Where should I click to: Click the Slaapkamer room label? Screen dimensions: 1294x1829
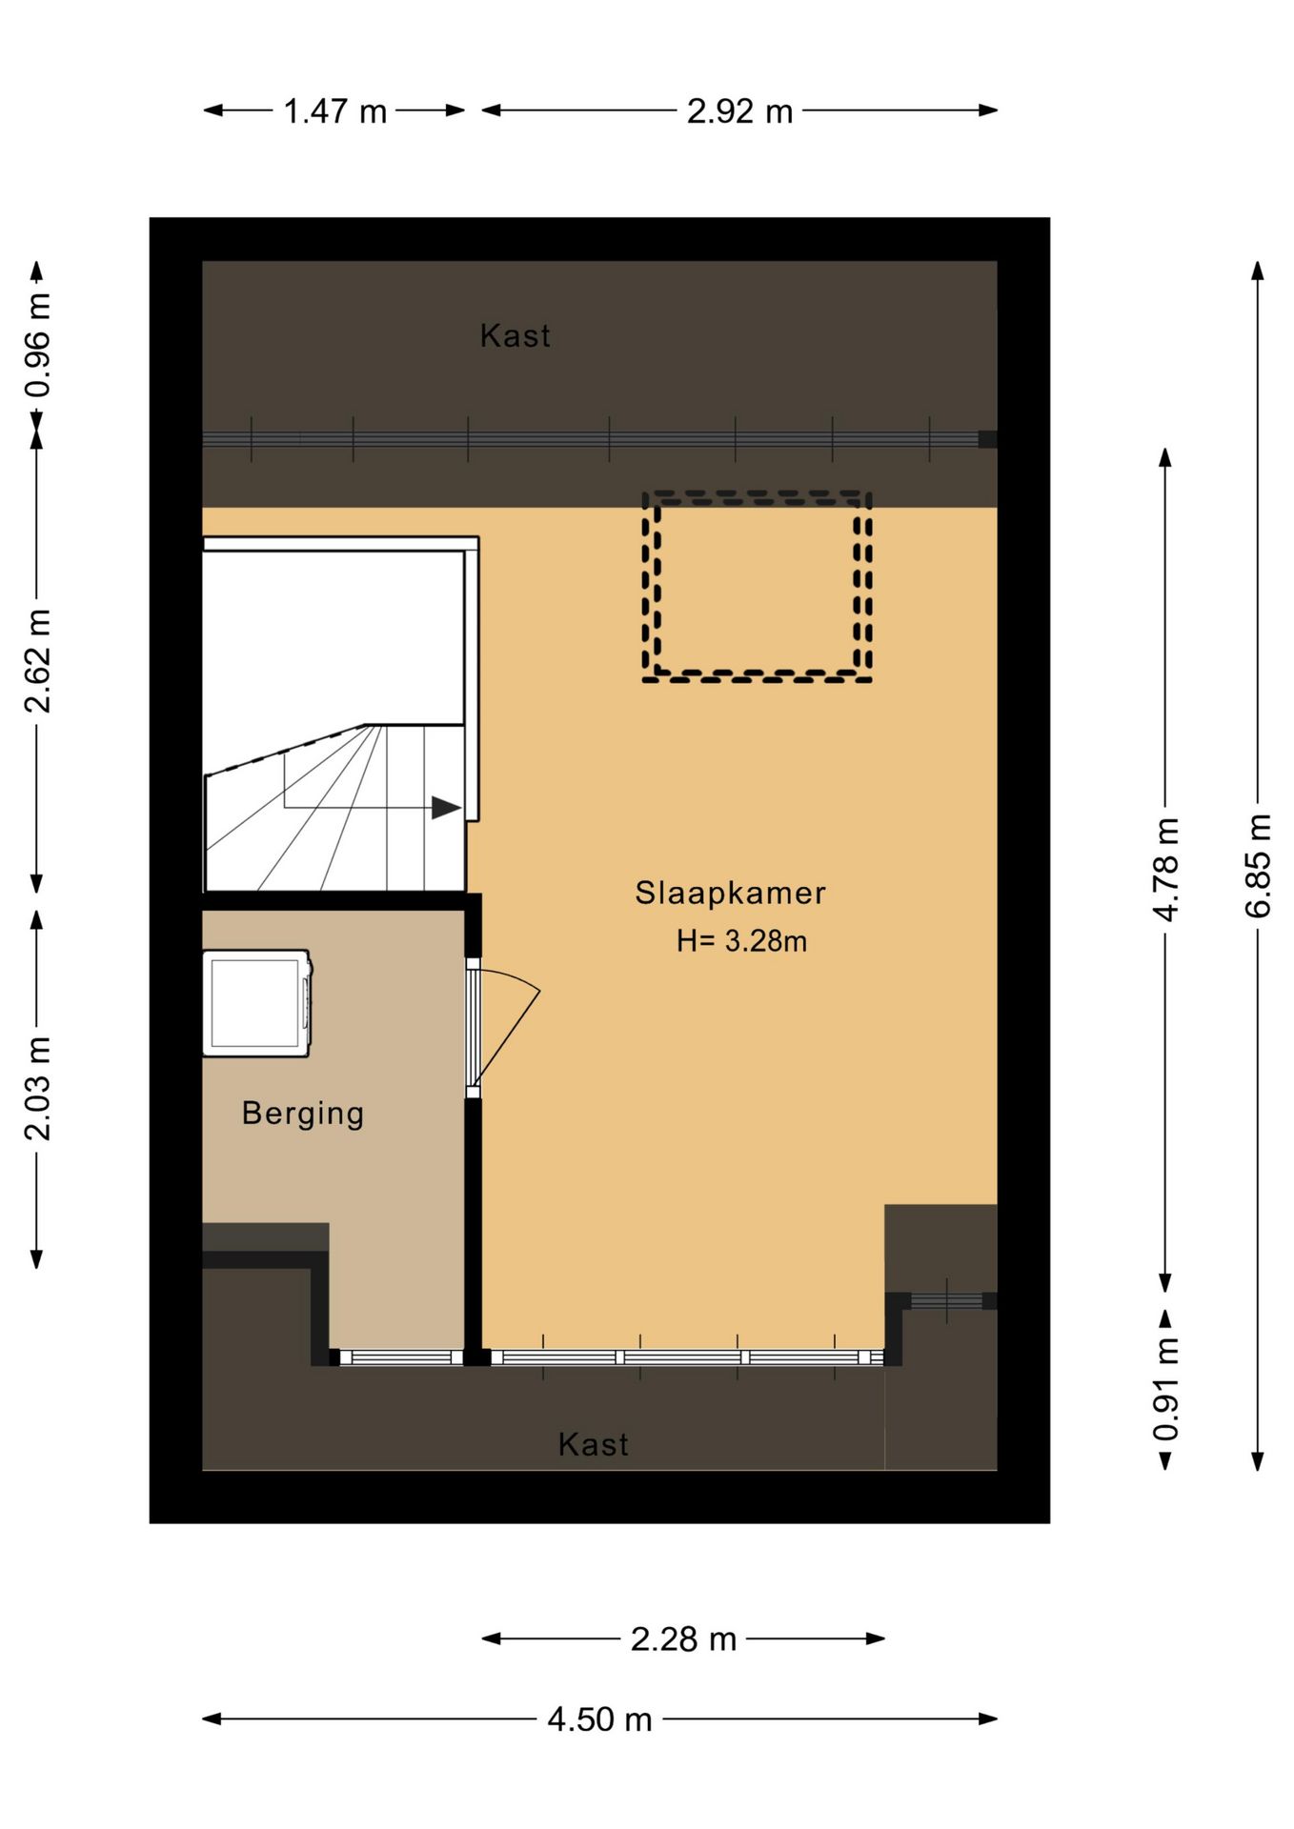[730, 894]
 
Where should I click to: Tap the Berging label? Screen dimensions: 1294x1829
[303, 1114]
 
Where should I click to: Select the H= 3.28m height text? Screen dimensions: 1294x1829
[741, 941]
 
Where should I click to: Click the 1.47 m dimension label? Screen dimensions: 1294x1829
[335, 111]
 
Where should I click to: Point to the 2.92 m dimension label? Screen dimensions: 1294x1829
[740, 111]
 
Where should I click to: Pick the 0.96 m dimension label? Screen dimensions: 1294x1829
[38, 345]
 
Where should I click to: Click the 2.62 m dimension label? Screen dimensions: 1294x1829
[38, 661]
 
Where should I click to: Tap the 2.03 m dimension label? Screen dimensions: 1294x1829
[38, 1088]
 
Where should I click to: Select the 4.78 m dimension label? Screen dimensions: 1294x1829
[1166, 869]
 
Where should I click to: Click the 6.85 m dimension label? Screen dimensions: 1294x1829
[1259, 866]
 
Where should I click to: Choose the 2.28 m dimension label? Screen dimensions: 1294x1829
[684, 1639]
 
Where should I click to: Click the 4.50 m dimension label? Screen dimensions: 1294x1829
[600, 1719]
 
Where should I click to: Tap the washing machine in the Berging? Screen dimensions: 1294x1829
[257, 1003]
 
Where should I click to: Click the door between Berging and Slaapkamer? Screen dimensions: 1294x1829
[474, 1029]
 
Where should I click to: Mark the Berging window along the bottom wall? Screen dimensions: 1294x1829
[395, 1357]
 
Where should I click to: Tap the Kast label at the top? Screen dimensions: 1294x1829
[516, 336]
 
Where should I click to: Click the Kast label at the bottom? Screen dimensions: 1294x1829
[594, 1445]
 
